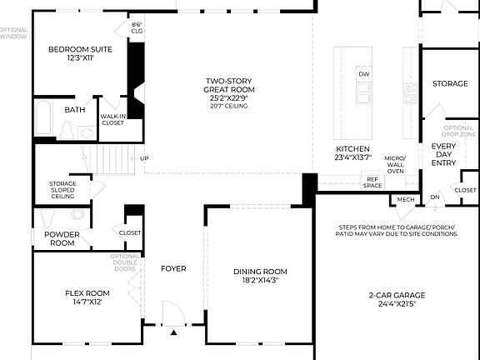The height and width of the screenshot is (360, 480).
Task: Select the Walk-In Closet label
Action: [112, 119]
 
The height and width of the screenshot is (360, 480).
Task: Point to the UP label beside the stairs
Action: [144, 158]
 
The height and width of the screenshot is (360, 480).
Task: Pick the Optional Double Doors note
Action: [126, 262]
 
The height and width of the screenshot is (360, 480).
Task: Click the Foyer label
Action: [173, 268]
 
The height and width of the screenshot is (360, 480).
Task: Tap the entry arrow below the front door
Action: [173, 332]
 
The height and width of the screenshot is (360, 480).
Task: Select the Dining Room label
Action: [259, 272]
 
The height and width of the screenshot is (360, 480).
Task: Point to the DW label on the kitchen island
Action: [363, 74]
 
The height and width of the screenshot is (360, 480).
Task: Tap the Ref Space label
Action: [372, 182]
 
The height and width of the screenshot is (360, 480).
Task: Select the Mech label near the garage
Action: [406, 199]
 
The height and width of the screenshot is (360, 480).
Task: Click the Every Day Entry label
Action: [443, 154]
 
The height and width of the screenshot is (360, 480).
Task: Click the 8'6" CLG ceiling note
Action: [137, 27]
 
